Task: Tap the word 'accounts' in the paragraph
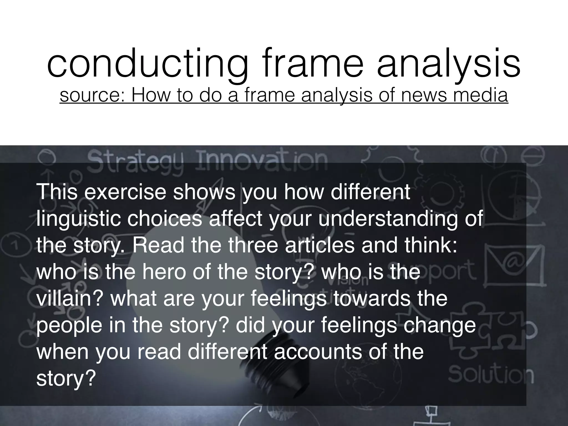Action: click(x=315, y=352)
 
